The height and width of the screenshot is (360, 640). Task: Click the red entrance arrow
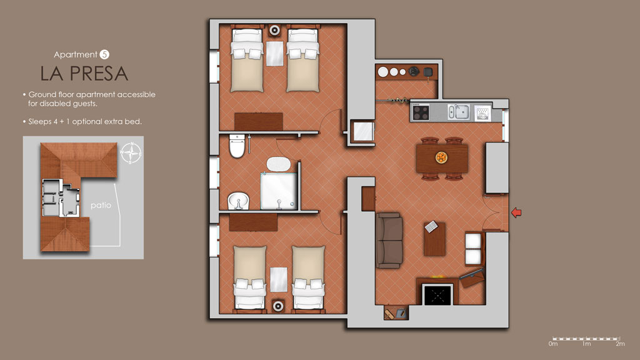point(516,212)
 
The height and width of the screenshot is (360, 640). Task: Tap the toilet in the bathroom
point(237,146)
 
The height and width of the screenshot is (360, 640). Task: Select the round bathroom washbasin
point(238,201)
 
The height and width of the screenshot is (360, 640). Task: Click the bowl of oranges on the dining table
point(441,157)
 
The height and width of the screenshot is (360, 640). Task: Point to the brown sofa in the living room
point(389,240)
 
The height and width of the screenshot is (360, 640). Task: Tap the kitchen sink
point(458,112)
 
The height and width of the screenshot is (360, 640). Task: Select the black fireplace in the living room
point(437,294)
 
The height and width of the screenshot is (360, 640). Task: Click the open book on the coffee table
point(431,226)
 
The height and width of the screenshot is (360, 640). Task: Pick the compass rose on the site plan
point(131,153)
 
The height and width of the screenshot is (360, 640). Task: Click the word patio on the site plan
point(101,205)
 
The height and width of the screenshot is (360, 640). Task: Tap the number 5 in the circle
point(104,54)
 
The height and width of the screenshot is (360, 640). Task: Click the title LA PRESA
point(84,74)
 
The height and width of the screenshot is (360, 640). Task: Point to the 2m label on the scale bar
point(620,344)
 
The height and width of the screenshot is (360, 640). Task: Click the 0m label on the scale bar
point(553,344)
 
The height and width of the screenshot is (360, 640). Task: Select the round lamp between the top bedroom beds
point(274,30)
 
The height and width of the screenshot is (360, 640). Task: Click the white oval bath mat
point(279,164)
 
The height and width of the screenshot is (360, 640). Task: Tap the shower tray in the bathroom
point(279,191)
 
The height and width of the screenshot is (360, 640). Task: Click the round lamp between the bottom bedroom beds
point(278,306)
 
